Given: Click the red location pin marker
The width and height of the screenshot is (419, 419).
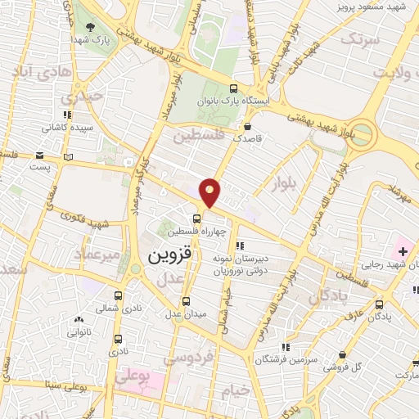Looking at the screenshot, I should (x=210, y=191).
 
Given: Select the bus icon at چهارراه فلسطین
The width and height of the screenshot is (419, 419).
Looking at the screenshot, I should (x=196, y=218).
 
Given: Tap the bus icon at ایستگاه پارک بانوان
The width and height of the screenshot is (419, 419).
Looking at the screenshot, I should (x=234, y=88).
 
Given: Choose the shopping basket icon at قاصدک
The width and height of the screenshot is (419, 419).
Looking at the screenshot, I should (x=247, y=126).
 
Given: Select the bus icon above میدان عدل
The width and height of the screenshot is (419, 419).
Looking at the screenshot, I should (x=186, y=300).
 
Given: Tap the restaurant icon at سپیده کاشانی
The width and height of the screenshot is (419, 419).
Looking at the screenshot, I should (x=67, y=115).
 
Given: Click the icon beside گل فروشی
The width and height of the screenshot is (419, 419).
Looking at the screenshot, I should (x=342, y=354).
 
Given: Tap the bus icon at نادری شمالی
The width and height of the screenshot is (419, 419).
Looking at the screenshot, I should (x=118, y=295).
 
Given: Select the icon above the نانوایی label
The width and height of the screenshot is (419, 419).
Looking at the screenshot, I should (x=78, y=320).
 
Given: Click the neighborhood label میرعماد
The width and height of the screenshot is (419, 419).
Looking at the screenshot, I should (x=97, y=255).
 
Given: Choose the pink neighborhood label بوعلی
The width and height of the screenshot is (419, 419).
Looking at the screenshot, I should (x=133, y=377).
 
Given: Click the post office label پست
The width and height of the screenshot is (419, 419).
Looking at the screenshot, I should (x=40, y=166).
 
